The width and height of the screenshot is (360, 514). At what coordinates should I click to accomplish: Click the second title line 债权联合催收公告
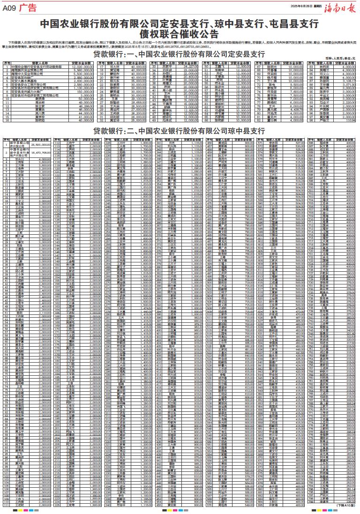tap(180, 33)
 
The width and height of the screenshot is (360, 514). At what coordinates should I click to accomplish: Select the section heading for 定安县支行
tap(180, 54)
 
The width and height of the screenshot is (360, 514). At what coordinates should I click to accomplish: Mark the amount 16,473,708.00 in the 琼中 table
tap(40, 153)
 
